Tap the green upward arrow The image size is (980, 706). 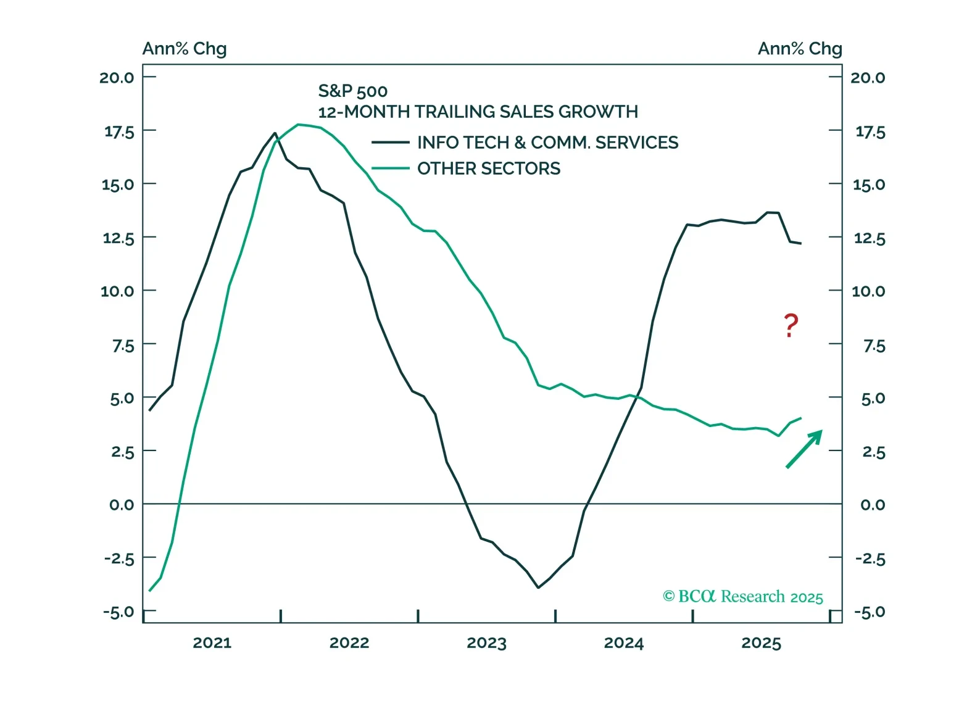(804, 449)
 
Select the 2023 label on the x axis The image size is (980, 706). (486, 643)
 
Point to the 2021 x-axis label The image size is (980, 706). (212, 643)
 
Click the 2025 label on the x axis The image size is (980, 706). (761, 643)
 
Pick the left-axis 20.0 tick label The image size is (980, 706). (117, 78)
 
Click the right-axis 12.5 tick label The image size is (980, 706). (869, 238)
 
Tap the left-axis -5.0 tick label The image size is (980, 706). (118, 612)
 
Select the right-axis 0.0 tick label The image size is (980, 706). (872, 505)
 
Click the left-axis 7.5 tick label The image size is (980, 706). (123, 346)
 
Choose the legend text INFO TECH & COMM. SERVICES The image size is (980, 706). (547, 143)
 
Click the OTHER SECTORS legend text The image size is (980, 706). (489, 168)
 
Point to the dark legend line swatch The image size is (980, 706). (390, 143)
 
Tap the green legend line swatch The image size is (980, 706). (390, 168)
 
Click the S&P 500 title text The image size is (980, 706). (352, 91)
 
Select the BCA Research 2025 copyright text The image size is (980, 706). (742, 597)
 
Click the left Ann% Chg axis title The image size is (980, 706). (185, 49)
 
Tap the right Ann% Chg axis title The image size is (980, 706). (800, 49)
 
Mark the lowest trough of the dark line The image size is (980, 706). (538, 588)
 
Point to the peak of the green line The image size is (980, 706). (299, 125)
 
